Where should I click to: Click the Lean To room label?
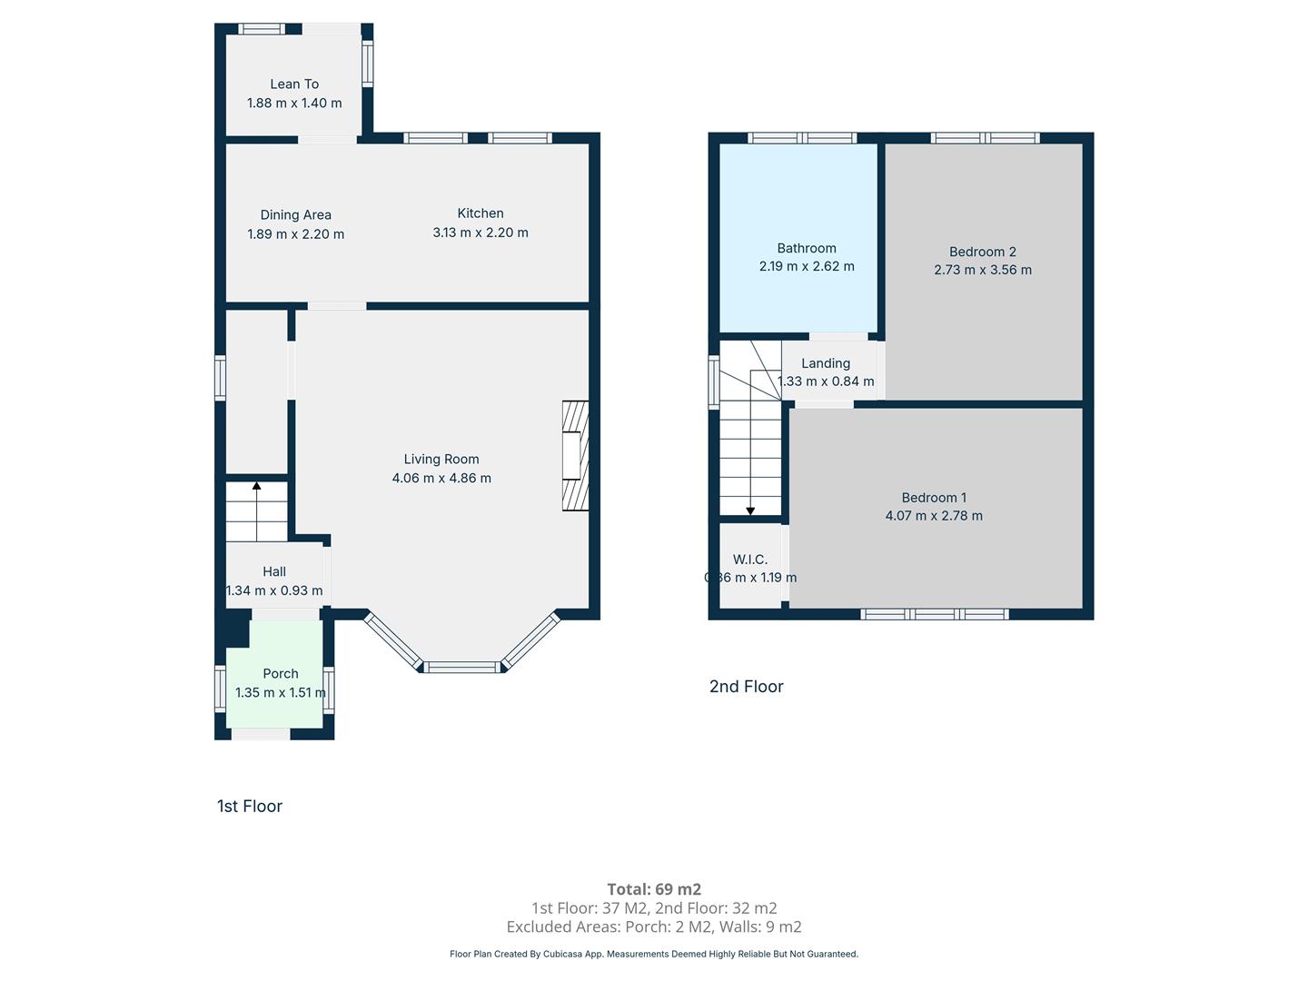294,84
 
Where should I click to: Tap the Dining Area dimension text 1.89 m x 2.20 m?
295,234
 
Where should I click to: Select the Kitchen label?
481,213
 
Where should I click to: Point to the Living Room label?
441,460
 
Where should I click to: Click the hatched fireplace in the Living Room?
575,456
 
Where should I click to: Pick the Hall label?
274,572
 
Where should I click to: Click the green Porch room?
274,674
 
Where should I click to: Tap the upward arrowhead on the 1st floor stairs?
257,486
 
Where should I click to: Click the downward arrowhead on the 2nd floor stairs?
750,511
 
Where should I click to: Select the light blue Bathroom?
798,238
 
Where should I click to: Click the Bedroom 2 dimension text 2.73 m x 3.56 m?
983,270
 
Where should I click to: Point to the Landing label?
826,363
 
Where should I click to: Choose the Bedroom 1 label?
934,498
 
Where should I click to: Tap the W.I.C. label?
749,560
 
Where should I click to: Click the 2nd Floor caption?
746,687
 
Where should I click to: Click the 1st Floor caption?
250,807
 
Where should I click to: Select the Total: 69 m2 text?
654,889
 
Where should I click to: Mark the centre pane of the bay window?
461,667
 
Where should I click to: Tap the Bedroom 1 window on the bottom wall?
935,614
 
